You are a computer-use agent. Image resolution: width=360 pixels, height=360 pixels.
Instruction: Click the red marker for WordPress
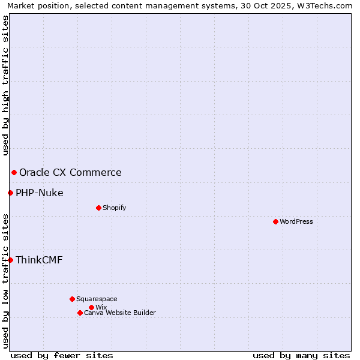[275, 221]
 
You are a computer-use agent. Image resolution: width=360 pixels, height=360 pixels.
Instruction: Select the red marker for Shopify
[98, 208]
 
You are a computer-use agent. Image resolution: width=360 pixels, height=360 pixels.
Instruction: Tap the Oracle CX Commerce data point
[14, 173]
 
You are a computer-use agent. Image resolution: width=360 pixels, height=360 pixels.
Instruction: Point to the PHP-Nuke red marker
[10, 193]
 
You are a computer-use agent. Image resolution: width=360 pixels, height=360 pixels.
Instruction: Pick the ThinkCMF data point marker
[10, 260]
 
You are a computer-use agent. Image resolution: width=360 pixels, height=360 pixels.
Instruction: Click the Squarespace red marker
[72, 299]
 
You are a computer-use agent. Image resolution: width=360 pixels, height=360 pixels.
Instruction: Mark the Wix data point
[91, 307]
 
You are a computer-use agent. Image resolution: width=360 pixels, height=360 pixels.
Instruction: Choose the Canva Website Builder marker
[80, 313]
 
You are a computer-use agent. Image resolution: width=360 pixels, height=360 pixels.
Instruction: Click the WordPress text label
[296, 221]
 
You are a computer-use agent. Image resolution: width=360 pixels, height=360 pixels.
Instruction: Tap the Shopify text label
[114, 208]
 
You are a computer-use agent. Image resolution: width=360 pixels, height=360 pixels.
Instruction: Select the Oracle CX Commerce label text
[70, 173]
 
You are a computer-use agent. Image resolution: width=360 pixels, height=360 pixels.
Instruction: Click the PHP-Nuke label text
[40, 193]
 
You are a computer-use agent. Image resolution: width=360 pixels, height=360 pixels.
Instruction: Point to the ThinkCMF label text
[39, 260]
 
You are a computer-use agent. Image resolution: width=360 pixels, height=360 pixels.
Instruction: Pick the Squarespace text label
[97, 299]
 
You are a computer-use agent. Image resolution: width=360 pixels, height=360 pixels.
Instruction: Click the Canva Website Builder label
[120, 313]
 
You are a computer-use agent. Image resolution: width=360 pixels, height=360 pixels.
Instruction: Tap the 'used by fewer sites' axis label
[62, 355]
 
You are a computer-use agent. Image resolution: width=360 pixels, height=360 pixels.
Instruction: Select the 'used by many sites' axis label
[301, 355]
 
